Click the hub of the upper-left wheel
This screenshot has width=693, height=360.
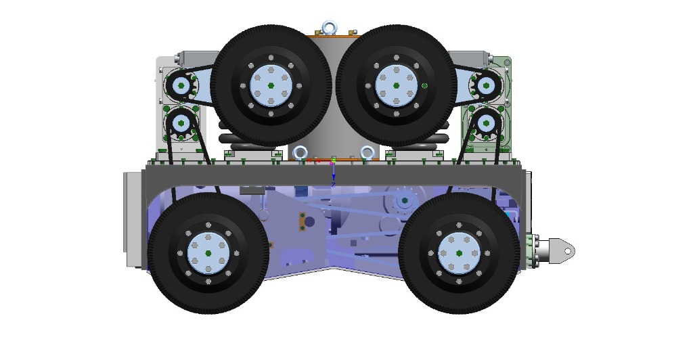(271, 85)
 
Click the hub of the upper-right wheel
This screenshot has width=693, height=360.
(395, 85)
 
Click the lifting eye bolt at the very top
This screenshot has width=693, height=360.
(330, 28)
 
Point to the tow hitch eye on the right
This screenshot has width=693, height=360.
(561, 250)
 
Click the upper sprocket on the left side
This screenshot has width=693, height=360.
(181, 86)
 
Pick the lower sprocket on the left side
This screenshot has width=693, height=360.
(181, 123)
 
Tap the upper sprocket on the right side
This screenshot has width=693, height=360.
(485, 86)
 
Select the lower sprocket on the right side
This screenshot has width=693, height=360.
(486, 123)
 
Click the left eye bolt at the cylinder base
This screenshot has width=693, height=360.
(301, 153)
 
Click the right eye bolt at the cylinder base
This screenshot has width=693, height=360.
(367, 153)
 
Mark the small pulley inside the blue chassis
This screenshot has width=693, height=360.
(405, 200)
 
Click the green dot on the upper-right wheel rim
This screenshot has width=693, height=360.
(425, 85)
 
